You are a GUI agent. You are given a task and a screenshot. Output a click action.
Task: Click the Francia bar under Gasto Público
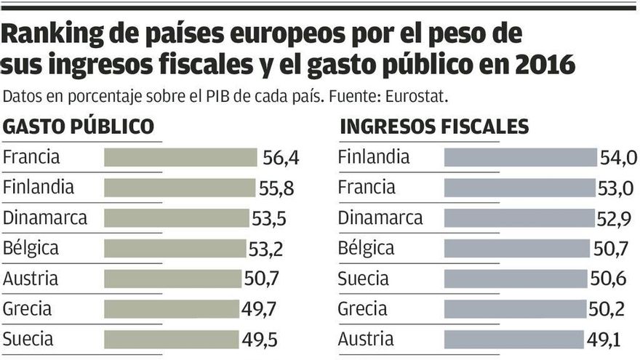pos(180,158)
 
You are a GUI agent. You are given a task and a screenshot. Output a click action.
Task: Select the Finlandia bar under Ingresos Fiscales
pos(520,158)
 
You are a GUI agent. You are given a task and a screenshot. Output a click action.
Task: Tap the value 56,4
pos(280,158)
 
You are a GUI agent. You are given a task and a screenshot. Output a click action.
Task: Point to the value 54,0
pos(618,158)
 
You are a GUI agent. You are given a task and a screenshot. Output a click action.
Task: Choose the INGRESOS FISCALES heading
pos(434,127)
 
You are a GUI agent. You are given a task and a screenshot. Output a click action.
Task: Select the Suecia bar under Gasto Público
pos(171,339)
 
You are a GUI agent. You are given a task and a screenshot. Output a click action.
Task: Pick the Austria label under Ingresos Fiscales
pos(366,339)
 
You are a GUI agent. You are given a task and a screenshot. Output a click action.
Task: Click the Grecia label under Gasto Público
pos(27,309)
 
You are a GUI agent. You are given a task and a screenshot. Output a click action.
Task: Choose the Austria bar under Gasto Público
pos(172,279)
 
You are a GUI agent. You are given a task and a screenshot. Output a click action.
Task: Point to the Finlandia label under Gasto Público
pos(39,188)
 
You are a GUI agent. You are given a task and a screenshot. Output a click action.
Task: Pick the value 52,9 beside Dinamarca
pos(615,218)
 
